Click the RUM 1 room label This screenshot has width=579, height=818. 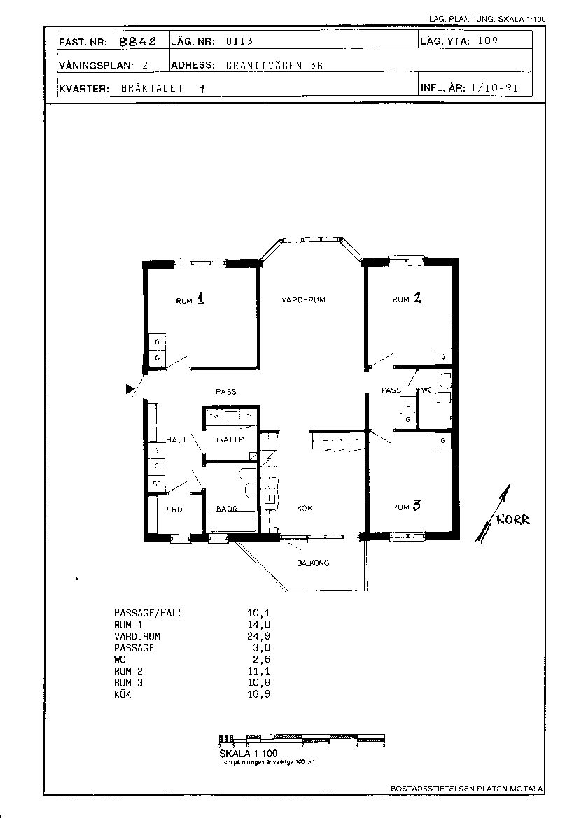(x=190, y=299)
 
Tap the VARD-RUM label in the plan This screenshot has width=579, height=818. (x=304, y=299)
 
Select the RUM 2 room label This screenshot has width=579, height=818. (x=407, y=299)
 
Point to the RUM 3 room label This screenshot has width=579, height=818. (x=406, y=506)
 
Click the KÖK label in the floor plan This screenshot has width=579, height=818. (x=304, y=509)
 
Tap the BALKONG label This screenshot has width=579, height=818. (x=313, y=563)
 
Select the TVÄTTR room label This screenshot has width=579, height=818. (x=230, y=439)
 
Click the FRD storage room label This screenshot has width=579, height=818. (x=174, y=509)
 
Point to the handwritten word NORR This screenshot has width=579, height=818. (x=513, y=520)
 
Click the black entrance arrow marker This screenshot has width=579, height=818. (x=130, y=390)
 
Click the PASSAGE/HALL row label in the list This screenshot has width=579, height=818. (x=148, y=613)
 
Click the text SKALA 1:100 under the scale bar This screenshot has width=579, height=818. (x=248, y=754)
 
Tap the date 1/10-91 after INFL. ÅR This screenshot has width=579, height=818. (x=494, y=89)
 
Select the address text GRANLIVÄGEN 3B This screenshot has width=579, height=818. (x=274, y=65)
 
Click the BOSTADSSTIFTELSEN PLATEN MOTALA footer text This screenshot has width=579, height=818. (x=466, y=789)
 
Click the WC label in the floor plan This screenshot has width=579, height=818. (x=426, y=390)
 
